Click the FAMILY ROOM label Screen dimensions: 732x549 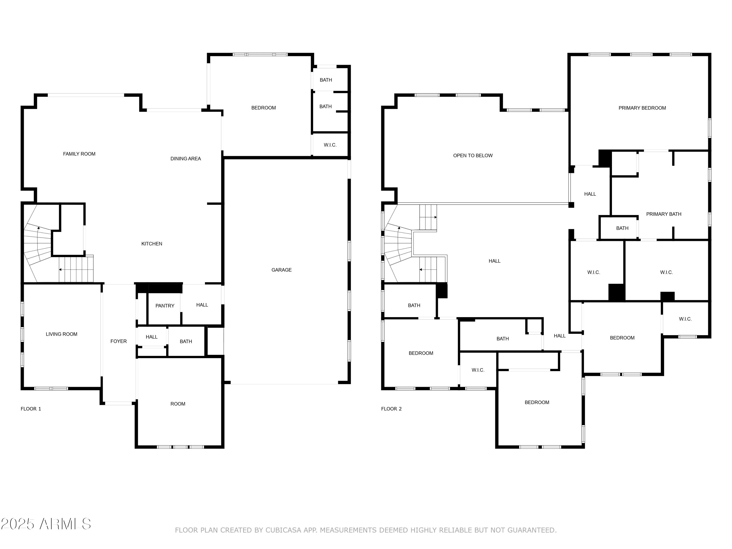(79, 154)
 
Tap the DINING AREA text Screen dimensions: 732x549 (186, 159)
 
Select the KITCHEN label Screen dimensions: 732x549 (152, 244)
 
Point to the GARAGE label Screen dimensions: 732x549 (282, 270)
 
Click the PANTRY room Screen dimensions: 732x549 (165, 306)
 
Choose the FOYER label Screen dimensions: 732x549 (119, 341)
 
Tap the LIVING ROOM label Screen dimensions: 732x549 (61, 334)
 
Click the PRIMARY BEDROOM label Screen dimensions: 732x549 (642, 108)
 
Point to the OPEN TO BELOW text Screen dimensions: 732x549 (473, 155)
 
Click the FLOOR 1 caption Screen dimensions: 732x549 (31, 409)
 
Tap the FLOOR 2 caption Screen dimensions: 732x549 (391, 409)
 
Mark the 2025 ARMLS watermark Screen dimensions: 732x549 (46, 524)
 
